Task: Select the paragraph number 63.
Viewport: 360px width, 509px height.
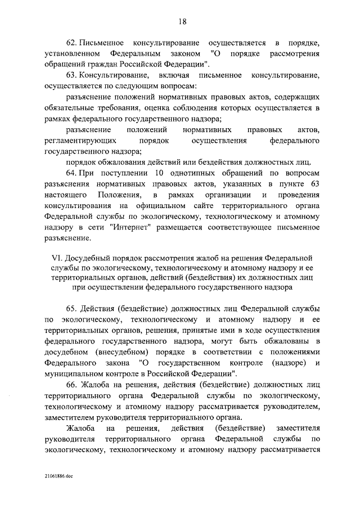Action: pyautogui.click(x=73, y=75)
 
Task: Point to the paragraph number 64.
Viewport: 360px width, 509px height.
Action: pyautogui.click(x=73, y=172)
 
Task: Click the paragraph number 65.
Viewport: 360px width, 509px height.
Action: pyautogui.click(x=73, y=309)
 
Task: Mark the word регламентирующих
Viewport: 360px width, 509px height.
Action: pyautogui.click(x=80, y=139)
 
